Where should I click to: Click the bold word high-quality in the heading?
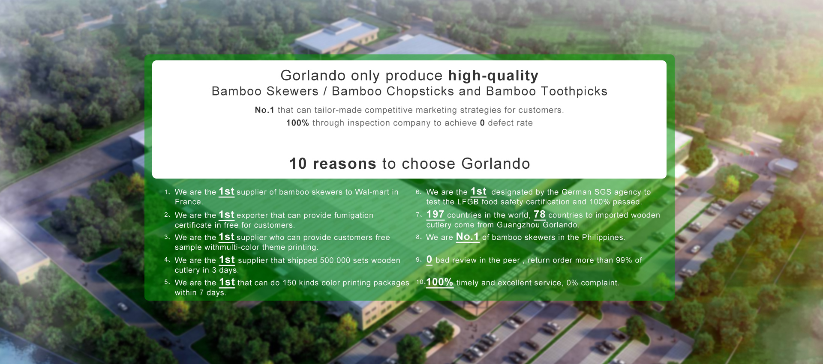point(493,76)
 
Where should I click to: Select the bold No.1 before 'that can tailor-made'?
point(264,110)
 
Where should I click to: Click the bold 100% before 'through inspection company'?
point(297,123)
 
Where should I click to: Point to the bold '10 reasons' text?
point(333,164)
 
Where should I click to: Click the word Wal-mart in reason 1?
point(372,192)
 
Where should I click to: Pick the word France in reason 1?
point(189,202)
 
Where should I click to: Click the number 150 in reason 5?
point(289,283)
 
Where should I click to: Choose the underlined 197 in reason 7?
point(435,214)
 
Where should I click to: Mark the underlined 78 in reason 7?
point(539,214)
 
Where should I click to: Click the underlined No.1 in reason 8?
point(467,237)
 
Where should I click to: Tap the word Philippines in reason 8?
point(603,238)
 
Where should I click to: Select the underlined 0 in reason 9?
point(429,260)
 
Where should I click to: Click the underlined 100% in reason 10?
point(439,282)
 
